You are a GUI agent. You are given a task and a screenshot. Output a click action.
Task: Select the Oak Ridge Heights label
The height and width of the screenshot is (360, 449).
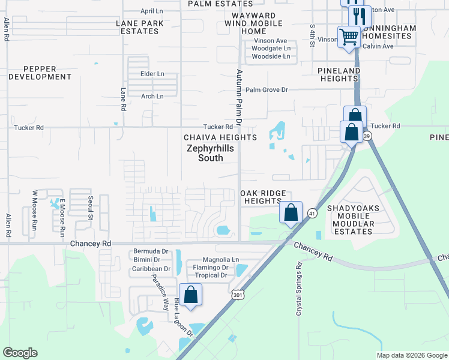tap(261, 197)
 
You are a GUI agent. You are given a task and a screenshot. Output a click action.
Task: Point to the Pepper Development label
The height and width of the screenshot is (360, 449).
tap(40, 73)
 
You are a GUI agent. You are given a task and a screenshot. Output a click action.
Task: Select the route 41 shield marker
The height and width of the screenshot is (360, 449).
tap(312, 213)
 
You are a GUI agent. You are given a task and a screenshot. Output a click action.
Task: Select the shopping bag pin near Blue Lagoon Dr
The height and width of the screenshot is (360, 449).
tap(191, 295)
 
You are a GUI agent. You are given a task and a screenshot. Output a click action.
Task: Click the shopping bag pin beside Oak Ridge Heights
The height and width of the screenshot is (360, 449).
tap(291, 212)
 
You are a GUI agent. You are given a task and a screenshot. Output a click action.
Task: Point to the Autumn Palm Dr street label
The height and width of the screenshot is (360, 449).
tap(238, 96)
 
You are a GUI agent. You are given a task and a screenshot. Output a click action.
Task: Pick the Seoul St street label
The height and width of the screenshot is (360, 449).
tap(91, 206)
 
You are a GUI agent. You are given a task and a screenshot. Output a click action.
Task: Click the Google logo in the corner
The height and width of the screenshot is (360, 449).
tap(20, 352)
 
